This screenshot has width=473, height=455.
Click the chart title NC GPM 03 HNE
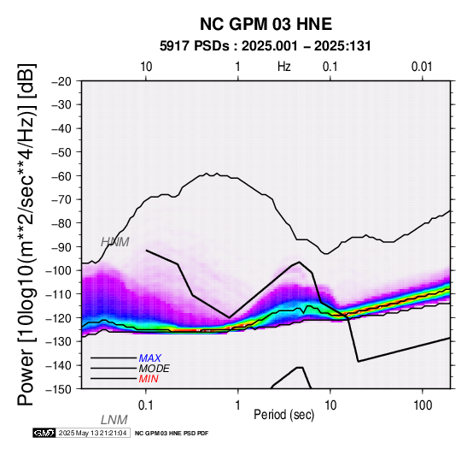pyautogui.click(x=266, y=24)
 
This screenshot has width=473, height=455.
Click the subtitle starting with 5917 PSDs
pyautogui.click(x=266, y=46)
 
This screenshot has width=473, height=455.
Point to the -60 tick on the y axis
pyautogui.click(x=62, y=176)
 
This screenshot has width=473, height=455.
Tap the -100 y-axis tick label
pyautogui.click(x=59, y=270)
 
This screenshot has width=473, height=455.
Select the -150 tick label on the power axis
pyautogui.click(x=59, y=389)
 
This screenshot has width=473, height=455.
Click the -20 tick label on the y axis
pyautogui.click(x=62, y=81)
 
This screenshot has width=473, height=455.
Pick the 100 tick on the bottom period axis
pyautogui.click(x=423, y=405)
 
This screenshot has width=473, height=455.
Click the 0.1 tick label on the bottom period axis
pyautogui.click(x=145, y=405)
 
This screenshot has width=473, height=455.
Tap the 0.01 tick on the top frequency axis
pyautogui.click(x=422, y=67)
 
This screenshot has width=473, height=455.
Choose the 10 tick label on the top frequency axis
pyautogui.click(x=146, y=67)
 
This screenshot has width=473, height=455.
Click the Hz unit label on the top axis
pyautogui.click(x=283, y=67)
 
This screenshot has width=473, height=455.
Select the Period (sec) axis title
pyautogui.click(x=283, y=415)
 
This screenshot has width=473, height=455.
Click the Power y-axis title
pyautogui.click(x=26, y=234)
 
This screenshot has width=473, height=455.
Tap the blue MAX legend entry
pyautogui.click(x=149, y=358)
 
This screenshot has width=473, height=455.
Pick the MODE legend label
pyautogui.click(x=155, y=369)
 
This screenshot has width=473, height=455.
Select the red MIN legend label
pyautogui.click(x=149, y=379)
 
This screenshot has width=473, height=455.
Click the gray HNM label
pyautogui.click(x=115, y=242)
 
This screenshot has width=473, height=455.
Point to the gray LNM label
pyautogui.click(x=114, y=420)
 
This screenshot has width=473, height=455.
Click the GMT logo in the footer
pyautogui.click(x=44, y=433)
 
